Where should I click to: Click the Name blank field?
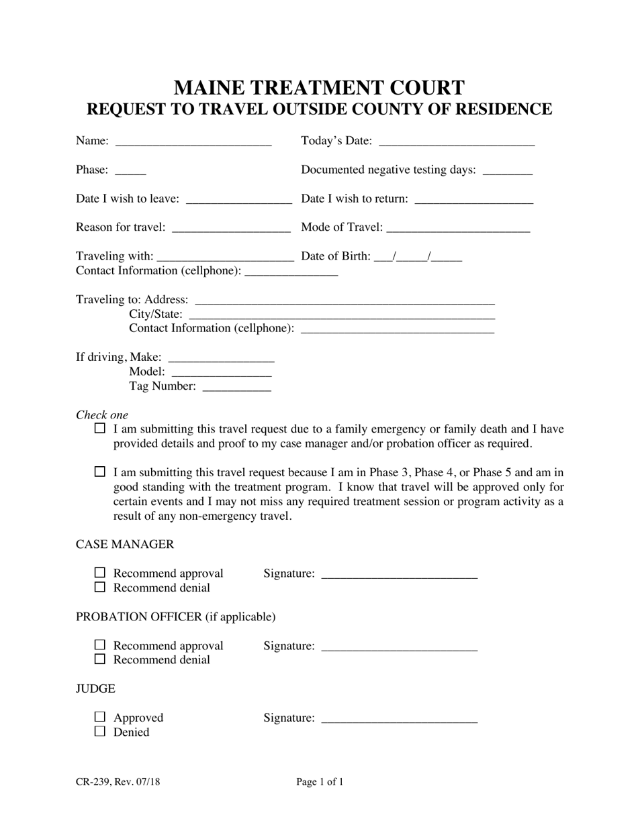193,142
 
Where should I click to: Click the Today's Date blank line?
457,142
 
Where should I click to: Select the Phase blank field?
130,171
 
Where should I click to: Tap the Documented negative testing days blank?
507,171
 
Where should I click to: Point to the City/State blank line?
343,315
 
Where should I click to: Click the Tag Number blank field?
236,387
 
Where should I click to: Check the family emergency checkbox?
100,428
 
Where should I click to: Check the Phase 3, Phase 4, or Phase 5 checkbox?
100,472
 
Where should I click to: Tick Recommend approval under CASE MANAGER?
100,573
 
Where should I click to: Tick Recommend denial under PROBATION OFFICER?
100,659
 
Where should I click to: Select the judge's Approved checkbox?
100,717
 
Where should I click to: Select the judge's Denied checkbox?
100,732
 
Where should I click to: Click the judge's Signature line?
400,719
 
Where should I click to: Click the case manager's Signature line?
400,575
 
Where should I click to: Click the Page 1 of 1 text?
320,781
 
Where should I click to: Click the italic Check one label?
102,415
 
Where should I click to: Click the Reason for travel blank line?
231,228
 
